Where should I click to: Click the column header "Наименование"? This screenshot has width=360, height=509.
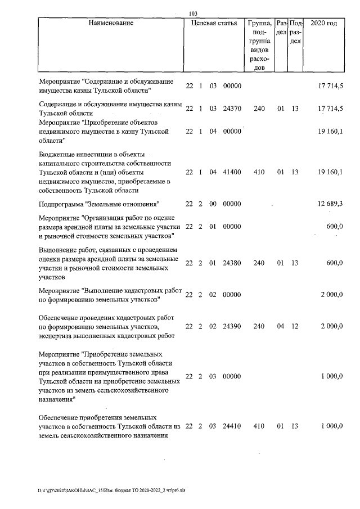tap(111, 23)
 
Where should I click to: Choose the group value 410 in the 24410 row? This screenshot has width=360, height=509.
tap(259, 426)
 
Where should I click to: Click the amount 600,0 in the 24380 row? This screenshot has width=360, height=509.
tap(335, 263)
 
